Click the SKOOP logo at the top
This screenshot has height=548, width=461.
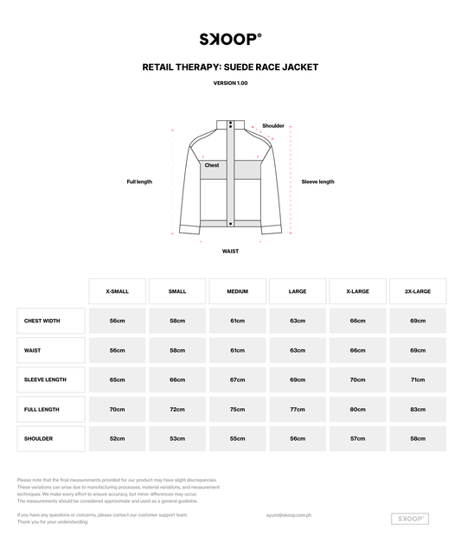pos(230,39)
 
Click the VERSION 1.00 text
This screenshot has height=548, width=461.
pos(230,83)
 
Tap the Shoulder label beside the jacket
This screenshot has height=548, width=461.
pos(273,126)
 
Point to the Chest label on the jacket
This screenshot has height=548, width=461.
pos(212,165)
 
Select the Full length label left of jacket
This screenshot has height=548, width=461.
pos(139,182)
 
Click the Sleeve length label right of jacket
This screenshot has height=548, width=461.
pos(317,182)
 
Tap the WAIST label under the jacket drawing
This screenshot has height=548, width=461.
pos(230,251)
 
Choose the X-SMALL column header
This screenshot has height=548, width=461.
pos(117,291)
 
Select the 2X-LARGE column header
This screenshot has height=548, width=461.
pos(418,291)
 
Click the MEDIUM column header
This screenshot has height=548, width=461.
pos(237,291)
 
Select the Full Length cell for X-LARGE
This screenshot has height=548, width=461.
pos(357,409)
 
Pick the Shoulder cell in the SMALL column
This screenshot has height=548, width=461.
pos(177,438)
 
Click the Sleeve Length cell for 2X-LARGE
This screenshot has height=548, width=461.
pos(418,379)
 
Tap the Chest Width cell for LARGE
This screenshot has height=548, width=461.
pos(298,321)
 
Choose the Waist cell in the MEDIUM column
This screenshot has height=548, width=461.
pos(237,350)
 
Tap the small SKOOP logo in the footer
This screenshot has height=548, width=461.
pos(411,519)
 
